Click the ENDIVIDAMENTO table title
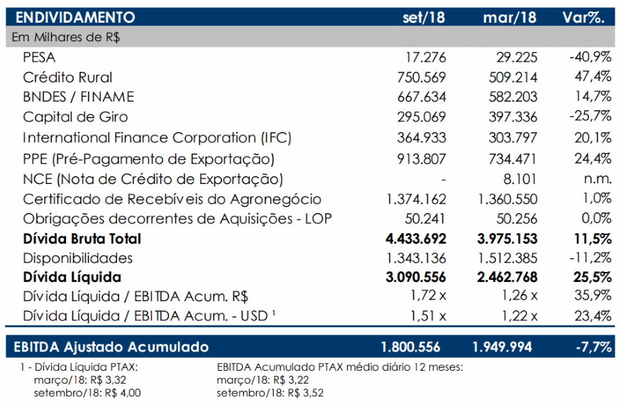[x=75, y=18]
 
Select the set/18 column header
[x=424, y=18]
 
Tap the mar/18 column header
[x=510, y=18]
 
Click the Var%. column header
[x=584, y=18]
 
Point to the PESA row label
[x=39, y=58]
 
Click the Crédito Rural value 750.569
[x=422, y=77]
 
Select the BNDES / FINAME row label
[x=78, y=97]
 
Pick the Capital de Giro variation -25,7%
[x=590, y=116]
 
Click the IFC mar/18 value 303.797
[x=513, y=138]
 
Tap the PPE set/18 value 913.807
[x=422, y=159]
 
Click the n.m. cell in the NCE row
[x=598, y=179]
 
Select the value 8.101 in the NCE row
[x=520, y=179]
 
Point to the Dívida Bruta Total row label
[x=82, y=239]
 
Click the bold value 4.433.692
[x=416, y=239]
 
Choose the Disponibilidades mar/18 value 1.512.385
[x=507, y=259]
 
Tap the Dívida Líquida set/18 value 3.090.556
[x=416, y=277]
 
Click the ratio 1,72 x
[x=428, y=295]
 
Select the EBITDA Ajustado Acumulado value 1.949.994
[x=502, y=347]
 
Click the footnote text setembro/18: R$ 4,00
[x=87, y=393]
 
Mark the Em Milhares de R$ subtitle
[x=66, y=37]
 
